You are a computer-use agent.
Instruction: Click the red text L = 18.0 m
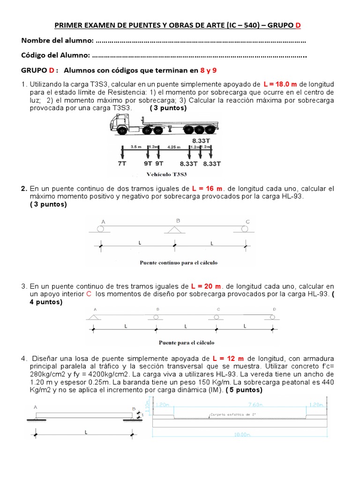pyautogui.click(x=280, y=84)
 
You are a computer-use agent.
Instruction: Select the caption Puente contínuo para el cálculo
pyautogui.click(x=178, y=262)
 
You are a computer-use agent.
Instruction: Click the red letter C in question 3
pyautogui.click(x=89, y=294)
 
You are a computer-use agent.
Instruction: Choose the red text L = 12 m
pyautogui.click(x=228, y=359)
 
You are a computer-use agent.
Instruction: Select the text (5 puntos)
pyautogui.click(x=244, y=390)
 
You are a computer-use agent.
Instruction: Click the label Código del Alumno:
pyautogui.click(x=56, y=55)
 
